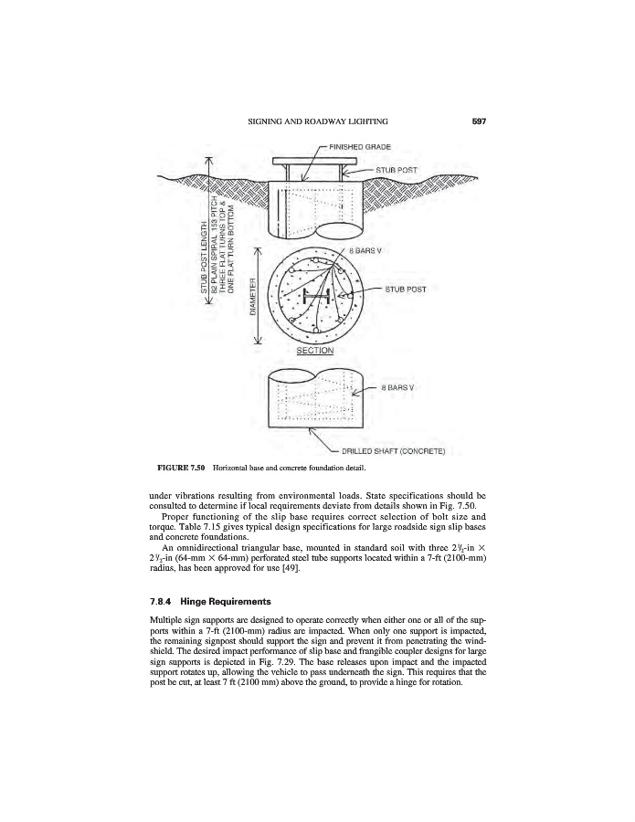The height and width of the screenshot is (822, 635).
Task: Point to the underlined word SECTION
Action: point(314,350)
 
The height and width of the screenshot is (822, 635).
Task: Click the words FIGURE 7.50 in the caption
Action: point(179,469)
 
